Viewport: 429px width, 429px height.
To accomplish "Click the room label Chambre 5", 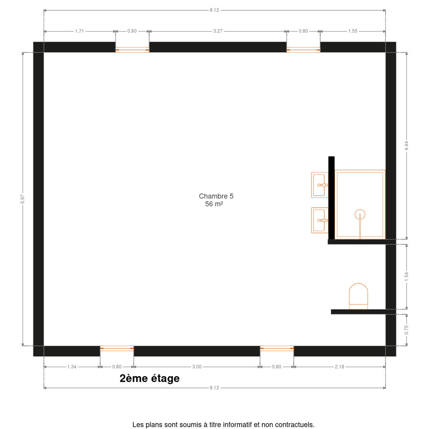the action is (216, 196).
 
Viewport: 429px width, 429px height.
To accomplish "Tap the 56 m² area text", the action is (214, 204).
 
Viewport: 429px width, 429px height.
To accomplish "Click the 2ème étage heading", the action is (149, 379).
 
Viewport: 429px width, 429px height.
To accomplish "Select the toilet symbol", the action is (358, 296).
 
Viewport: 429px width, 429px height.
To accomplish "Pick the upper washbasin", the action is (320, 185).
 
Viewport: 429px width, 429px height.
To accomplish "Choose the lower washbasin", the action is (320, 220).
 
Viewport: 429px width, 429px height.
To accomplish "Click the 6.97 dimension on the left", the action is (23, 199).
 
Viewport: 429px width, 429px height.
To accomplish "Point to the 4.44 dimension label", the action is (406, 146).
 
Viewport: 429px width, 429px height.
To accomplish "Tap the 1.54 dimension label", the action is (406, 276).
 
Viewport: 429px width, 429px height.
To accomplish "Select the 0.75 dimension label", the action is (406, 330).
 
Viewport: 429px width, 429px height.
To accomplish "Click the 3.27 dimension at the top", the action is (218, 31).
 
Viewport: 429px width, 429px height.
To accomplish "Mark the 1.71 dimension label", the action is (79, 31).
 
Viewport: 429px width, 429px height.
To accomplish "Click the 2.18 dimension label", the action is (339, 367).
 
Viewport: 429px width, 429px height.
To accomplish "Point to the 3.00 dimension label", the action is (197, 367).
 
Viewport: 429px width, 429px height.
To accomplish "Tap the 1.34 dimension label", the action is (72, 367).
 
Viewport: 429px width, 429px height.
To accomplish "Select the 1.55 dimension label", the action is (352, 31).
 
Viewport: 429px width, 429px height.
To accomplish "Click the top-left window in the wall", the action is (132, 50).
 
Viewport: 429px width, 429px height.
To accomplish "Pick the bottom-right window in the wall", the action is (277, 349).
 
